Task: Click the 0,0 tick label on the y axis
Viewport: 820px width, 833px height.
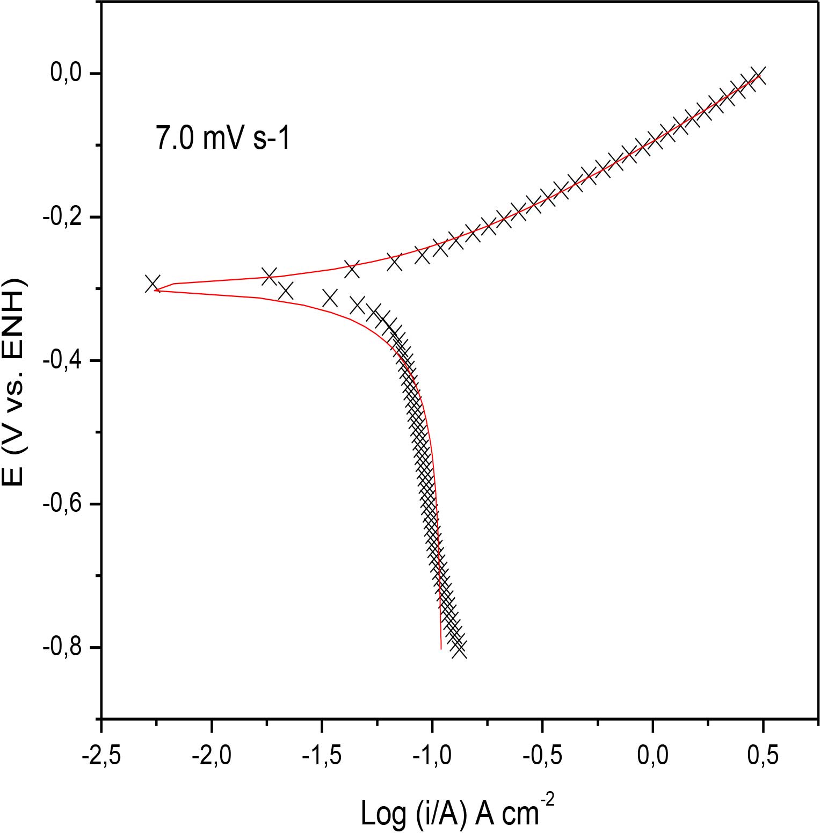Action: tap(65, 73)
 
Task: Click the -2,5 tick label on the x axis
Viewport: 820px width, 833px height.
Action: tap(100, 756)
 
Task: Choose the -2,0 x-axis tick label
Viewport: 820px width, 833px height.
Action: tap(212, 756)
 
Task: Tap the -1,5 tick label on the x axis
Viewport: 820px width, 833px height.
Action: tap(322, 756)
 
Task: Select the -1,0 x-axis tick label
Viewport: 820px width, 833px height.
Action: tap(432, 756)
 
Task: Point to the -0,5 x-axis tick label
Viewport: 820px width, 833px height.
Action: tap(542, 756)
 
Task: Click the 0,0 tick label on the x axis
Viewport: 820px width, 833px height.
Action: tap(652, 756)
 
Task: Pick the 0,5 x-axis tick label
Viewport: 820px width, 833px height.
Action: tap(763, 756)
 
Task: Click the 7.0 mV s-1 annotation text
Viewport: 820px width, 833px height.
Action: tap(223, 137)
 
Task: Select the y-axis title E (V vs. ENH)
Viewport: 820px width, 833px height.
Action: tap(14, 382)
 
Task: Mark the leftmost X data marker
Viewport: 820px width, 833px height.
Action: tap(153, 283)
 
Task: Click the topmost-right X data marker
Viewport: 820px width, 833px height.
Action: tap(757, 75)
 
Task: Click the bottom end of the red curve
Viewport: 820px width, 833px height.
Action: tap(441, 648)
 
